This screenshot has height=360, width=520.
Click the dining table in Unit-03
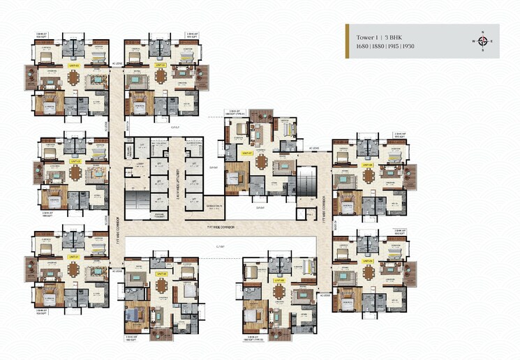click(73, 78)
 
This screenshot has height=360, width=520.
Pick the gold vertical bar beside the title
click(348, 41)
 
